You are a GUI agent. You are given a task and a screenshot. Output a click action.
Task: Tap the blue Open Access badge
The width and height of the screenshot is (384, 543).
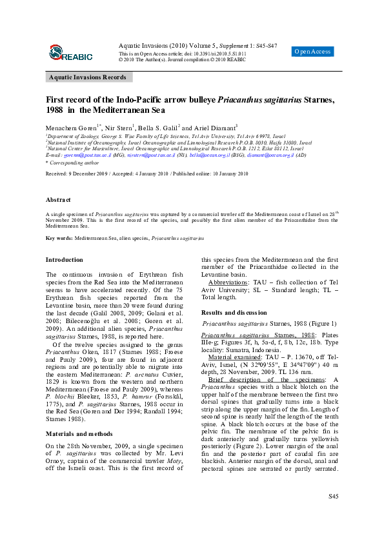(x=312, y=52)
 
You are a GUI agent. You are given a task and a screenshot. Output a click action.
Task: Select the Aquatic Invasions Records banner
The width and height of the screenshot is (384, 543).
(x=88, y=77)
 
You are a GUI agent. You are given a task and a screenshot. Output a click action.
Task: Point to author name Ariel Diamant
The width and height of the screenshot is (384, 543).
(x=200, y=128)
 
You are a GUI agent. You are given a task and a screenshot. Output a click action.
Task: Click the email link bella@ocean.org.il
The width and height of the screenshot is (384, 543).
(x=210, y=155)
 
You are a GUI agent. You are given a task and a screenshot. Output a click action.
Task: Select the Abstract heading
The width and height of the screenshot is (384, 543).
(x=58, y=200)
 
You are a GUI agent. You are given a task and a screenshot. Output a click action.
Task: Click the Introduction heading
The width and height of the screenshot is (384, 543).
(x=64, y=260)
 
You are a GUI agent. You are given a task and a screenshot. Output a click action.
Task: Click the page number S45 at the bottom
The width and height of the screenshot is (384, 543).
(x=333, y=514)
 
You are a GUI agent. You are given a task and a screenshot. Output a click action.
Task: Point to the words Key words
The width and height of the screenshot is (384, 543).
(x=59, y=238)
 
